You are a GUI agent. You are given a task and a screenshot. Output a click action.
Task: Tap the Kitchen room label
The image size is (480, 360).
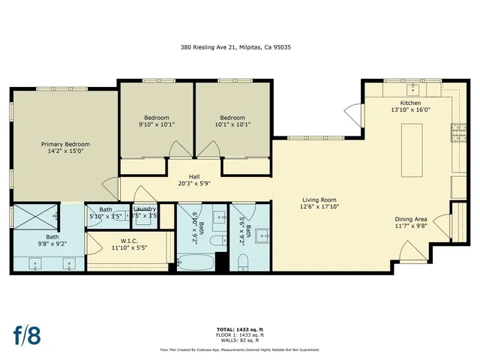[410, 103]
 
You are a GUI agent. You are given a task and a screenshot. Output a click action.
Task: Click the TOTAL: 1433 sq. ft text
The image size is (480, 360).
[239, 328]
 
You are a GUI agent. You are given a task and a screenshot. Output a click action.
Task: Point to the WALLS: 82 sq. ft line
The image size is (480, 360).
[239, 340]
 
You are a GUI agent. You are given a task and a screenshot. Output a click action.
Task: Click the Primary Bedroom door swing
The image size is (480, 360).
[110, 187]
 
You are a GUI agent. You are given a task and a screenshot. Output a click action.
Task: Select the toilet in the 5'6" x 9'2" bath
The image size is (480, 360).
[242, 262]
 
